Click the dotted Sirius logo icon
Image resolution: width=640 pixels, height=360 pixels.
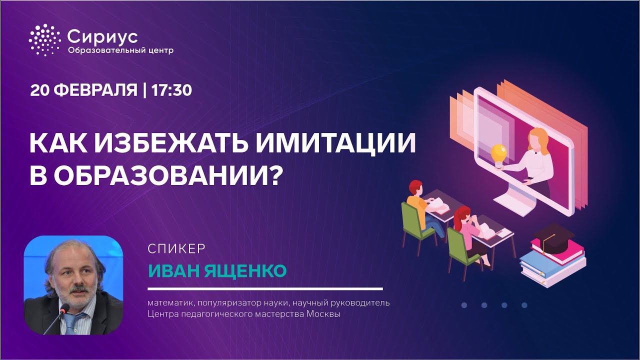coord(44,40)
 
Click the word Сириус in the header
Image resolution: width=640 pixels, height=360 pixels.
coord(102,37)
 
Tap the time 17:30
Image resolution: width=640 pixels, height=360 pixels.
coord(171,90)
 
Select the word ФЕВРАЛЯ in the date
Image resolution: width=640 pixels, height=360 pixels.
coord(95,90)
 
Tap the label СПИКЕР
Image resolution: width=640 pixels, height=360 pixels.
coord(176,249)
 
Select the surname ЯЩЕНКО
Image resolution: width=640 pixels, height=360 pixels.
coord(245,271)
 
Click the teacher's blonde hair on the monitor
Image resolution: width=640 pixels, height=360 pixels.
coord(539,140)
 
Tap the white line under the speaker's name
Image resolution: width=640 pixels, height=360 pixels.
coord(265,289)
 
